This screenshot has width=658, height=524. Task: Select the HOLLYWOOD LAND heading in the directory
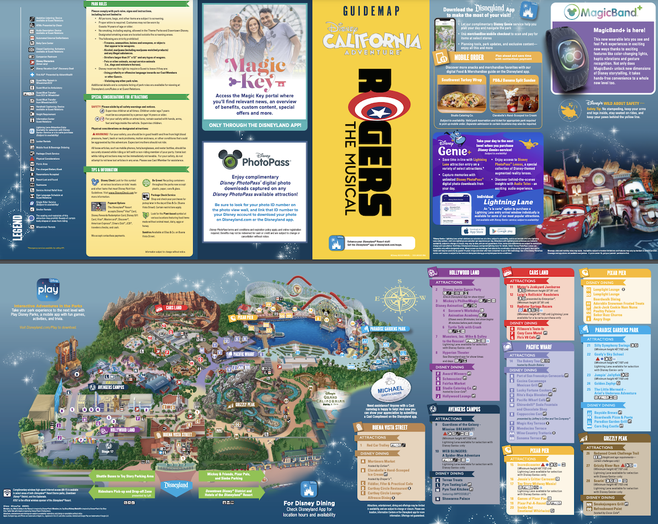(x=464, y=272)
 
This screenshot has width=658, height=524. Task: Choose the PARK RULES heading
(x=99, y=3)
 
